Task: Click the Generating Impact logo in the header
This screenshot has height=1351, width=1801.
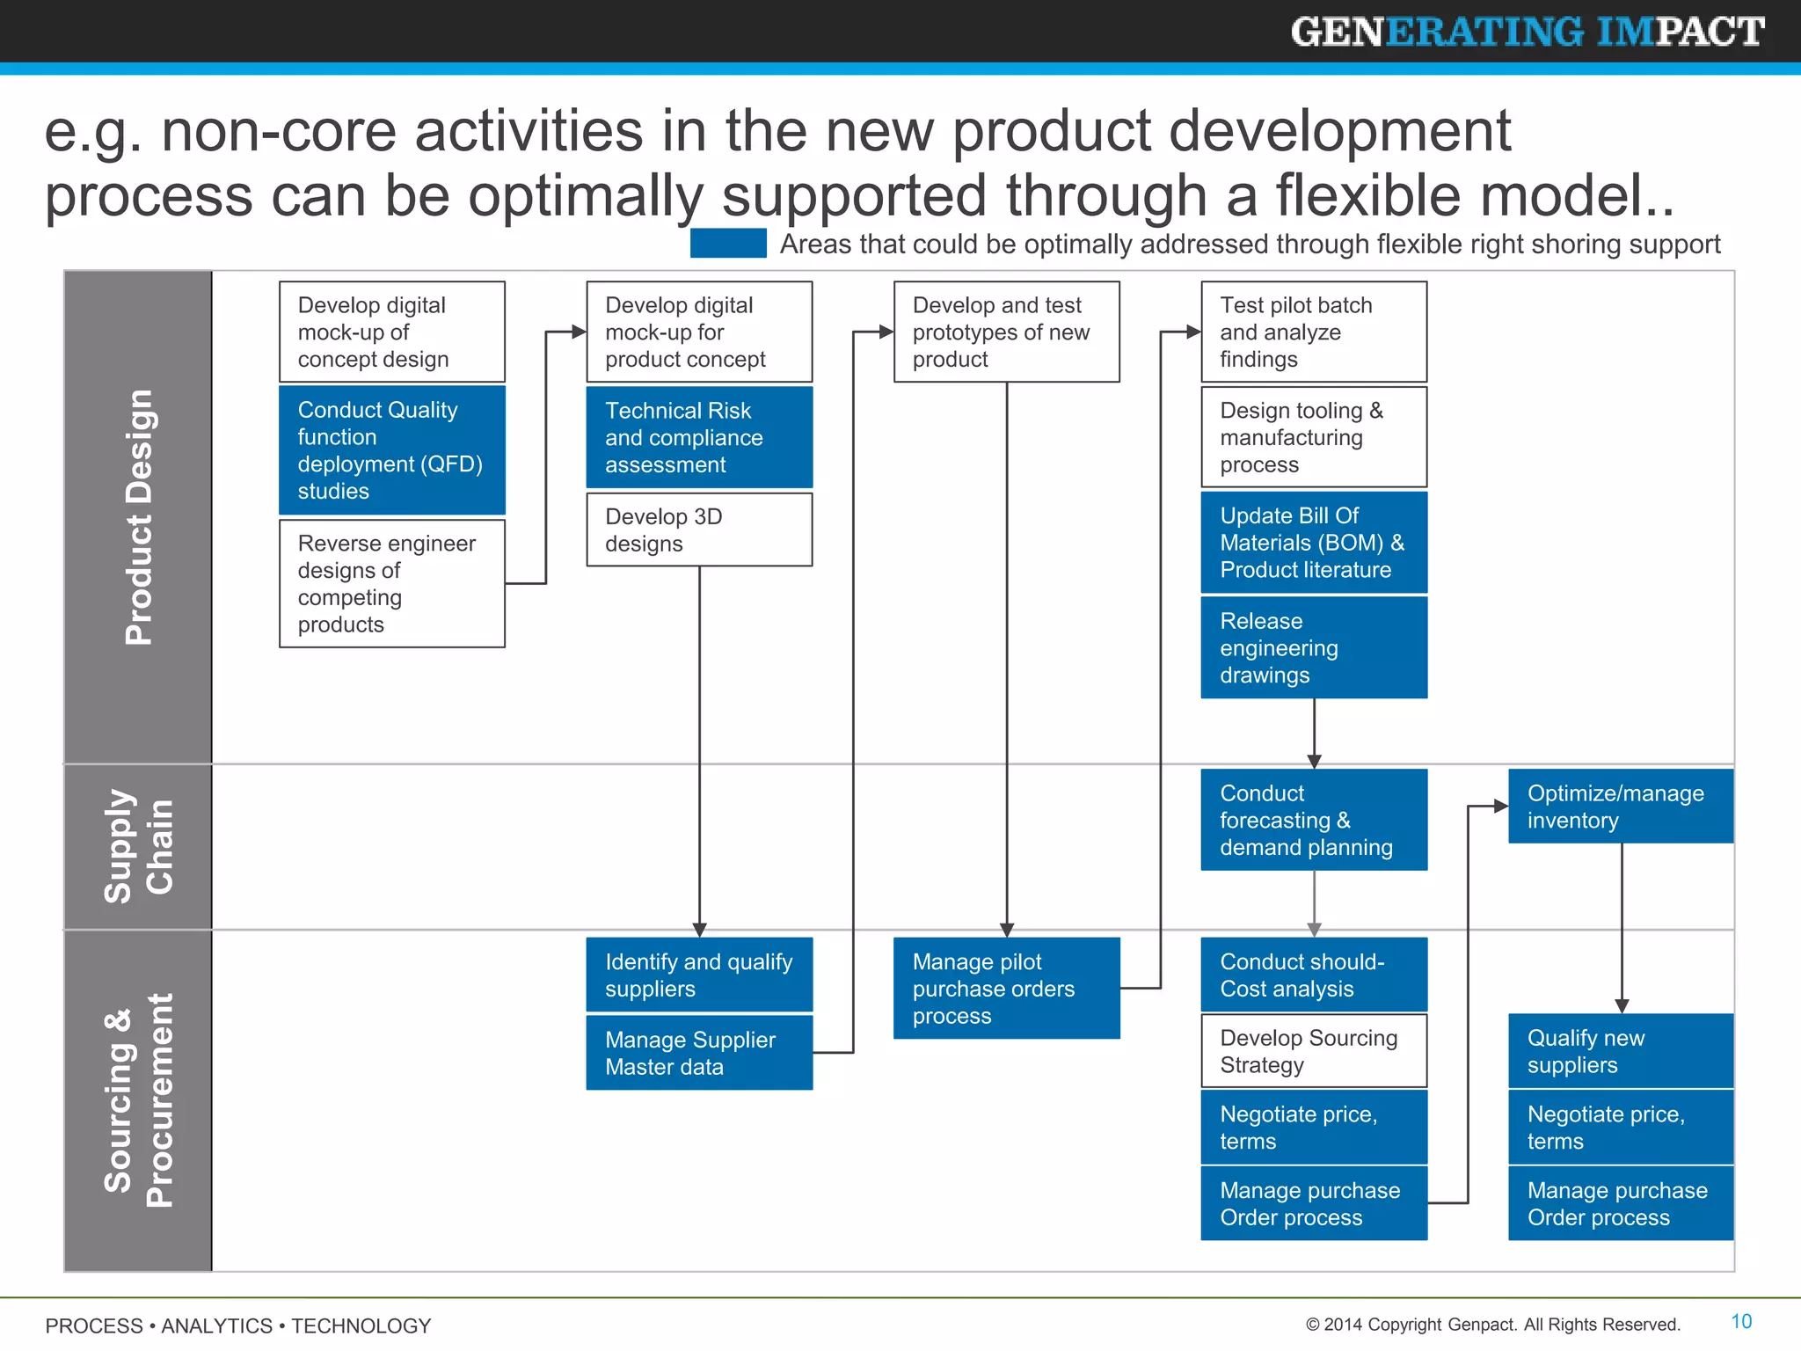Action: click(x=1528, y=33)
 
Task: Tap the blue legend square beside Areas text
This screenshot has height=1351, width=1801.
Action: click(x=727, y=244)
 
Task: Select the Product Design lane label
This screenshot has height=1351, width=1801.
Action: click(x=138, y=517)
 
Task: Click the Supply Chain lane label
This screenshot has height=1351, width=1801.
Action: click(x=138, y=846)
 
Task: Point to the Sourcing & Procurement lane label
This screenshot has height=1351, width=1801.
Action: click(x=138, y=1099)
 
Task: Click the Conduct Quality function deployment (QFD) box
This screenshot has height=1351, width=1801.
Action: click(x=391, y=450)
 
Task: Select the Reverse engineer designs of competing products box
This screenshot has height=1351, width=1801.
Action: click(x=391, y=583)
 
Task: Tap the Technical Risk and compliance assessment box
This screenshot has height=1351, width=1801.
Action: click(x=699, y=437)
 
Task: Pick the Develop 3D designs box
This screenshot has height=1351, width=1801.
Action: click(x=699, y=529)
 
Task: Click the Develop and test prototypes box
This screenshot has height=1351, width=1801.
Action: click(x=1006, y=332)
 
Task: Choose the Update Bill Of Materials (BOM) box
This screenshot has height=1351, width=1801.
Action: click(x=1314, y=542)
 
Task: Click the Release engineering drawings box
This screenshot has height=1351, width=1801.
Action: click(x=1314, y=647)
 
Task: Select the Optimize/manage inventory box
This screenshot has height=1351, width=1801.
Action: click(x=1621, y=807)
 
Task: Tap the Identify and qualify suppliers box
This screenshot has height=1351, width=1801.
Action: click(x=699, y=975)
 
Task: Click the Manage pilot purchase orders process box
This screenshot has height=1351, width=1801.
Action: click(x=1006, y=988)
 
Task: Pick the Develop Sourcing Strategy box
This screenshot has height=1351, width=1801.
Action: click(x=1314, y=1051)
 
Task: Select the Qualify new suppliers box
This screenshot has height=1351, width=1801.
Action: click(x=1621, y=1051)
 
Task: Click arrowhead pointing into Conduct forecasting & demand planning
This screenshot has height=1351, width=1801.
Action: click(x=1314, y=762)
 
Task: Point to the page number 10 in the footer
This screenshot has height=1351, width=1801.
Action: click(x=1741, y=1322)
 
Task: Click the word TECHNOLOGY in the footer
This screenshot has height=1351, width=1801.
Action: click(x=361, y=1325)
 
